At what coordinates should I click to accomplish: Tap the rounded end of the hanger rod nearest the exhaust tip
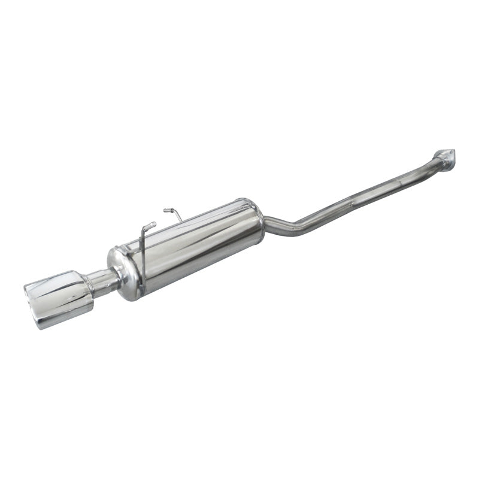[153, 225]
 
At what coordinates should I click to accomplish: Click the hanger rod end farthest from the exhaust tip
[166, 210]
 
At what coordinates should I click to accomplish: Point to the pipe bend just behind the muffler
[293, 230]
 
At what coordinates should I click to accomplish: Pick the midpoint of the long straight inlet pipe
[365, 194]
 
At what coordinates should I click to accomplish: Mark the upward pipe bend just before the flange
[432, 163]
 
